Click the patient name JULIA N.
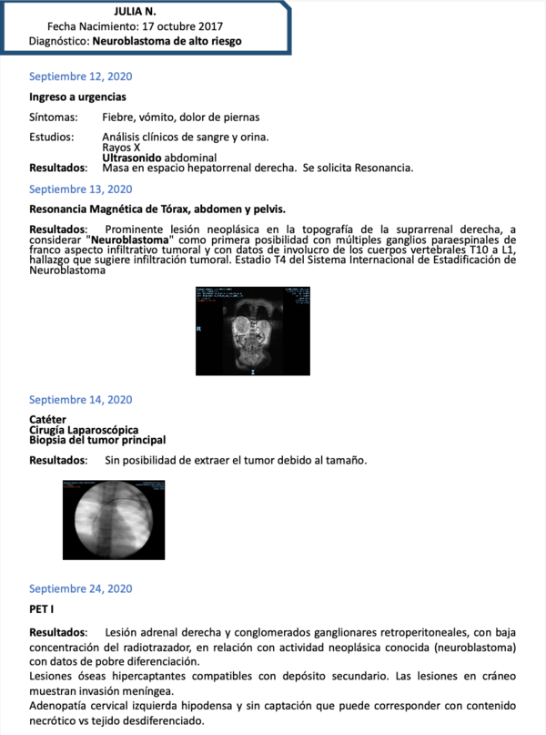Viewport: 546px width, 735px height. (135, 11)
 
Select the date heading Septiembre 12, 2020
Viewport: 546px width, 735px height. (80, 76)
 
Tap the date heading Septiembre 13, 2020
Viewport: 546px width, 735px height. (80, 189)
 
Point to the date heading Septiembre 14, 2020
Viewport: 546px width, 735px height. (80, 400)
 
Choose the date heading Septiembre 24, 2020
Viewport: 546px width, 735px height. (80, 587)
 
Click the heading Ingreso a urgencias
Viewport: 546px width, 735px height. (77, 97)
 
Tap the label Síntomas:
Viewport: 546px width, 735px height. (54, 117)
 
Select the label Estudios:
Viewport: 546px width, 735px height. (53, 138)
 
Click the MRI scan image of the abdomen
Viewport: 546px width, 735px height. (252, 331)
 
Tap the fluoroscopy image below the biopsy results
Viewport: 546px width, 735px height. (113, 519)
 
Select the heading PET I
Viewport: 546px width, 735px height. (41, 607)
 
